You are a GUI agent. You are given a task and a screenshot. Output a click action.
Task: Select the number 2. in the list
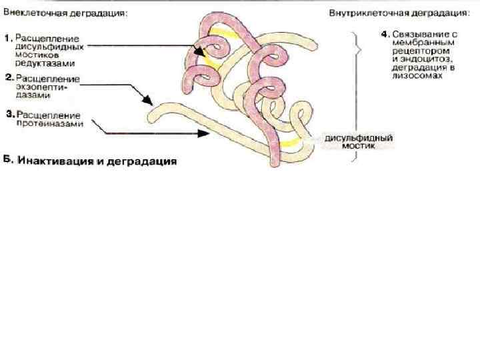9,77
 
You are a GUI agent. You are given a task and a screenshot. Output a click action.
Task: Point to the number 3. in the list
9,115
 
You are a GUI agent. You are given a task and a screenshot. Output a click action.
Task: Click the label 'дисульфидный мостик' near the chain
357,141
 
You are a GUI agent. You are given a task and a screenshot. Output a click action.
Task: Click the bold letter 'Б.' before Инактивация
9,161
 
